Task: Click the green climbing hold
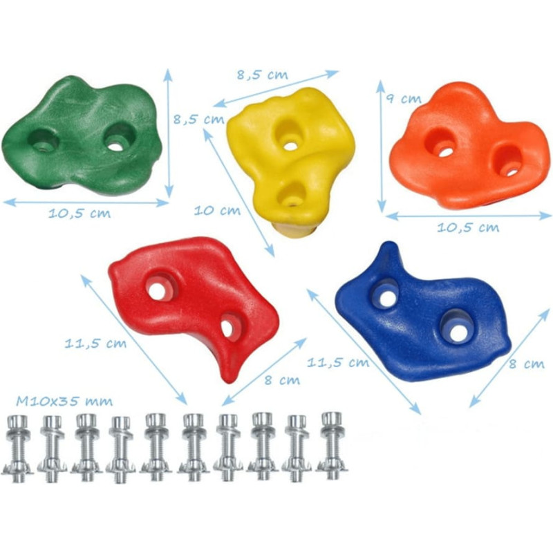pyautogui.click(x=82, y=135)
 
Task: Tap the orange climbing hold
pyautogui.click(x=469, y=147)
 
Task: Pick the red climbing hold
pyautogui.click(x=194, y=303)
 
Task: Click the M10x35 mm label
pyautogui.click(x=64, y=402)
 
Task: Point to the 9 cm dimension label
pyautogui.click(x=404, y=98)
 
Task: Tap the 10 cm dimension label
pyautogui.click(x=217, y=211)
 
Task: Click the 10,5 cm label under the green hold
pyautogui.click(x=79, y=214)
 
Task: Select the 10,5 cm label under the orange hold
pyautogui.click(x=468, y=227)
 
